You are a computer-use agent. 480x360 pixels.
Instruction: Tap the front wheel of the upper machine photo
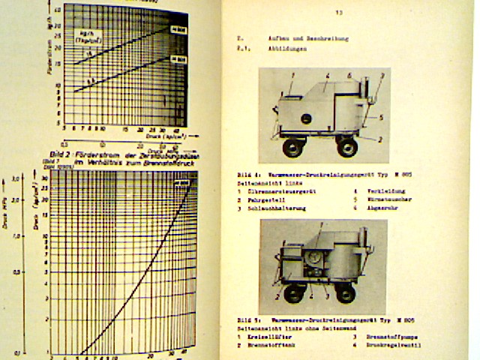292,148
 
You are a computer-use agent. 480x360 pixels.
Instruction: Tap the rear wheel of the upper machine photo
346,147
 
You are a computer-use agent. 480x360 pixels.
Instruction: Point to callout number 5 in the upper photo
381,117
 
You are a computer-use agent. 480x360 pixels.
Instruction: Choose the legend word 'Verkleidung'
371,190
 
